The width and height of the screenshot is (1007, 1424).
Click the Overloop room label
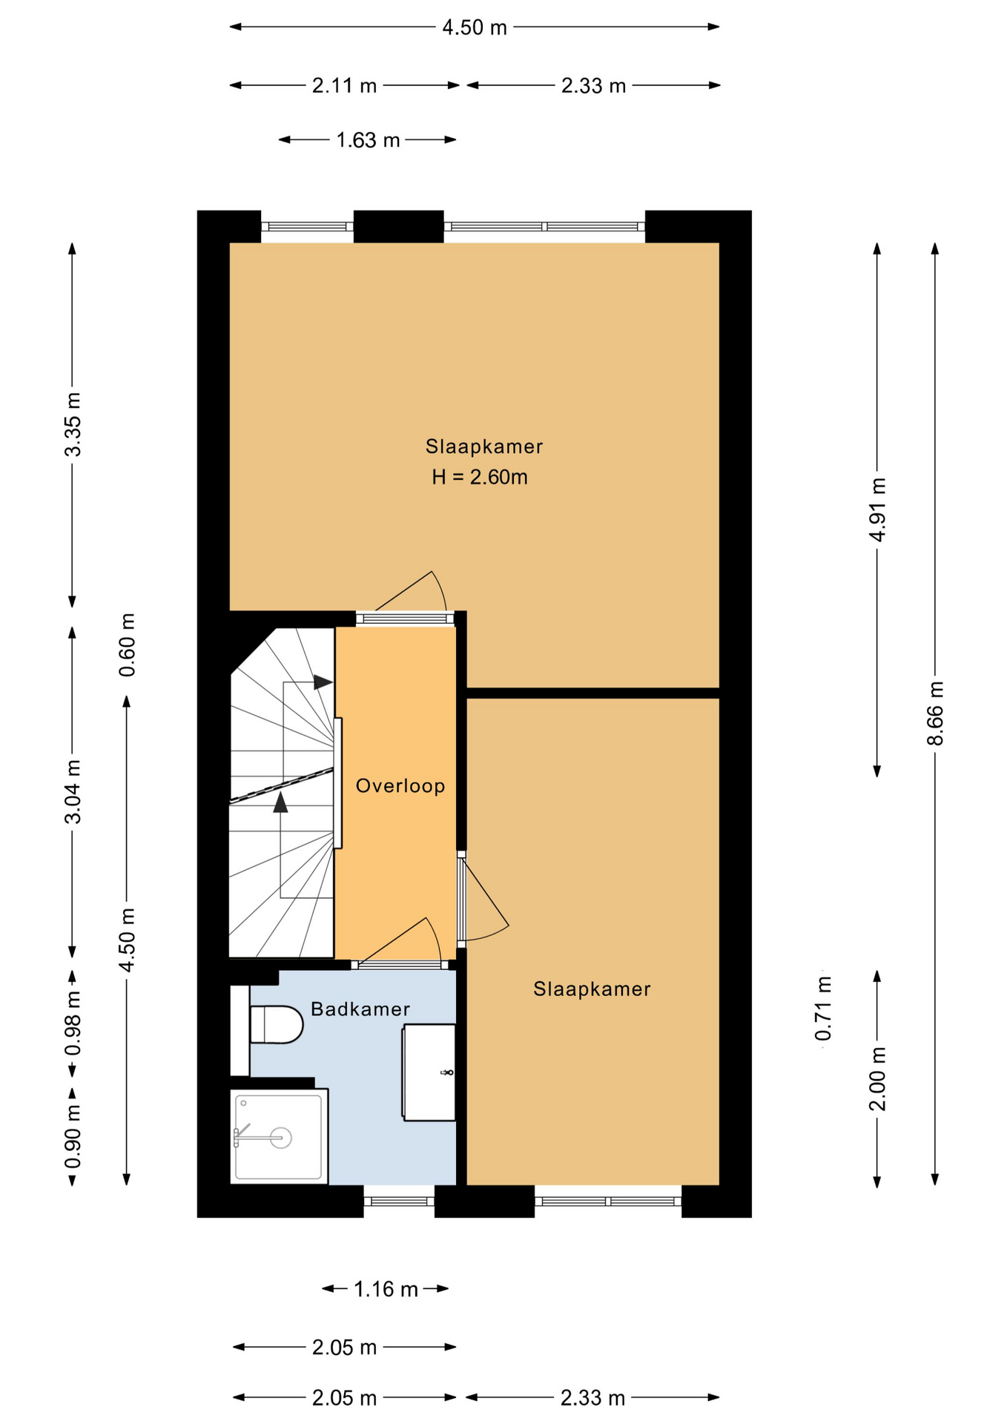pyautogui.click(x=400, y=785)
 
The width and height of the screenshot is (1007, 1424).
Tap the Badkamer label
pyautogui.click(x=360, y=1009)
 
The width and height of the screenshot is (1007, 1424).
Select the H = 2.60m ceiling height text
pyautogui.click(x=480, y=477)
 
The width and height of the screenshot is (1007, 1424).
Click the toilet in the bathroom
pyautogui.click(x=277, y=1024)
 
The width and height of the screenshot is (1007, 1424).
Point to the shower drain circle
pyautogui.click(x=281, y=1137)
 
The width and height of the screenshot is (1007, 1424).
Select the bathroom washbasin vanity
pyautogui.click(x=429, y=1072)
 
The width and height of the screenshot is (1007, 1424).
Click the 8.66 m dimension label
pyautogui.click(x=936, y=713)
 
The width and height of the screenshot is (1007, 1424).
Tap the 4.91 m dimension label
pyautogui.click(x=878, y=510)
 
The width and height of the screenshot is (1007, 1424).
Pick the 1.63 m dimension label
pyautogui.click(x=368, y=139)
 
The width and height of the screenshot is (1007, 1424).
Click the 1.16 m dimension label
pyautogui.click(x=386, y=1289)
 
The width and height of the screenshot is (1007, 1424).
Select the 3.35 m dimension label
pyautogui.click(x=73, y=425)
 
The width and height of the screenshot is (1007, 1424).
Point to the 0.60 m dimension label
pyautogui.click(x=128, y=645)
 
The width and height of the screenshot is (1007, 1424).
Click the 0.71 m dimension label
pyautogui.click(x=823, y=1008)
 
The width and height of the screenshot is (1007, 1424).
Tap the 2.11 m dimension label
pyautogui.click(x=344, y=86)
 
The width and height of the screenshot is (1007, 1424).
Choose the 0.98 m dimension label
pyautogui.click(x=73, y=1023)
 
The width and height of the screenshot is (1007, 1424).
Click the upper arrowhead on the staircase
pyautogui.click(x=323, y=682)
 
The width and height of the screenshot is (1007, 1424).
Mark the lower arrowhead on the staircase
pyautogui.click(x=280, y=802)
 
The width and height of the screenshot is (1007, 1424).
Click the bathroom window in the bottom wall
pyautogui.click(x=399, y=1201)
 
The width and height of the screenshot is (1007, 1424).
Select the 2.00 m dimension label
pyautogui.click(x=878, y=1078)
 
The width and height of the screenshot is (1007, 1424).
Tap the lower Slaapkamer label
pyautogui.click(x=592, y=989)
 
